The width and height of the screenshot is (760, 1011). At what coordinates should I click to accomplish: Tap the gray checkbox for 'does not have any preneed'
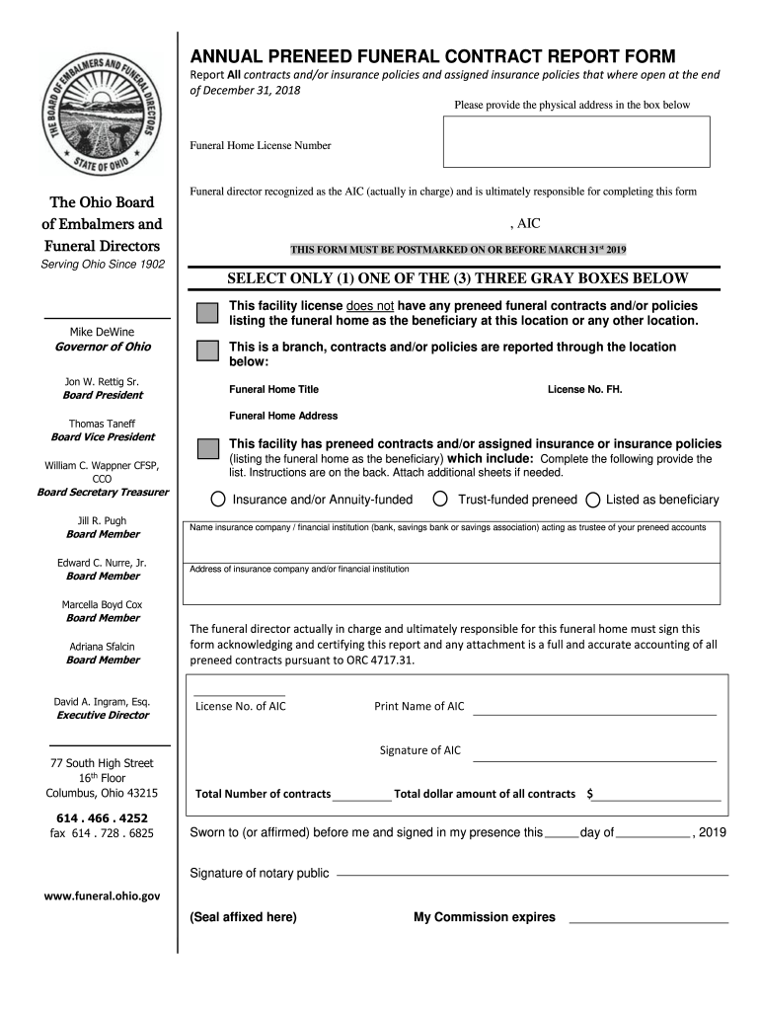(207, 314)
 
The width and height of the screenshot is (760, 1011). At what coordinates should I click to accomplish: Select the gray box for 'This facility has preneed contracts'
(207, 448)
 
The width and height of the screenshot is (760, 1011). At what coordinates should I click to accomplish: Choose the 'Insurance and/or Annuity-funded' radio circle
(218, 500)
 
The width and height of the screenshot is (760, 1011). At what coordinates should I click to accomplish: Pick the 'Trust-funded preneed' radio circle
(441, 499)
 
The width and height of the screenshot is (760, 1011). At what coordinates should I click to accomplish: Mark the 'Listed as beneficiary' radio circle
(593, 500)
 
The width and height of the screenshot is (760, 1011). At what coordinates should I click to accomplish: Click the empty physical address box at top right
(576, 141)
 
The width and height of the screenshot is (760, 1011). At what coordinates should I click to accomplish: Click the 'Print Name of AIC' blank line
(594, 712)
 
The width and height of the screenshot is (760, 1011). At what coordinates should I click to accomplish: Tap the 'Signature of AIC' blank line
(594, 759)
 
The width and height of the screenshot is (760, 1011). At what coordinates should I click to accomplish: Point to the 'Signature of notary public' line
(533, 874)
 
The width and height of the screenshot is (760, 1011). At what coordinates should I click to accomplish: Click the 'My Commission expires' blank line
(648, 920)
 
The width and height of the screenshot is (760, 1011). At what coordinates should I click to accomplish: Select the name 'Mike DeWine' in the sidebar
(103, 330)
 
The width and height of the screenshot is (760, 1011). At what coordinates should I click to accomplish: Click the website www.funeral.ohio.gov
(103, 895)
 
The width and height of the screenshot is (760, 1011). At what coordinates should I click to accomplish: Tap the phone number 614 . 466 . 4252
(103, 817)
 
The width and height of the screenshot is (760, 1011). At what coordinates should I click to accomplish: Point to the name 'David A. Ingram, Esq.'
(103, 701)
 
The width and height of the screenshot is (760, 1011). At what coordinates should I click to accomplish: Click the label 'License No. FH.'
(585, 389)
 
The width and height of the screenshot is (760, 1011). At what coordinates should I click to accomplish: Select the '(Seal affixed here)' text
(243, 917)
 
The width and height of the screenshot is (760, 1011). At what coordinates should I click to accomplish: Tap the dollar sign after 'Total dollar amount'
(589, 794)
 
